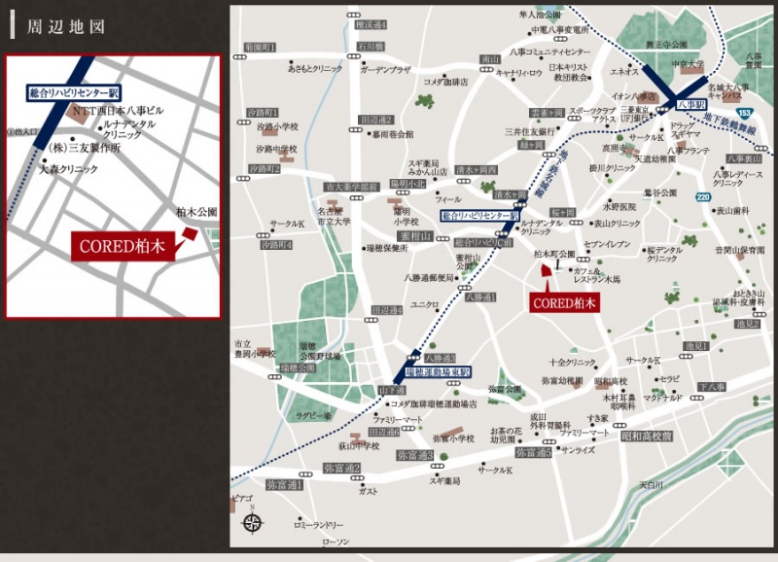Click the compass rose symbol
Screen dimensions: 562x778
pos(252,522)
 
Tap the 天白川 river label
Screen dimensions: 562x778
pos(650,482)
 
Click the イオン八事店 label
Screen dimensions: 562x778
pos(631,96)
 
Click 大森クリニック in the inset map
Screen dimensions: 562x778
pos(68,169)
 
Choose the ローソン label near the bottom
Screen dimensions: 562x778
pos(335,541)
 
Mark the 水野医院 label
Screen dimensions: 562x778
pos(619,206)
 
